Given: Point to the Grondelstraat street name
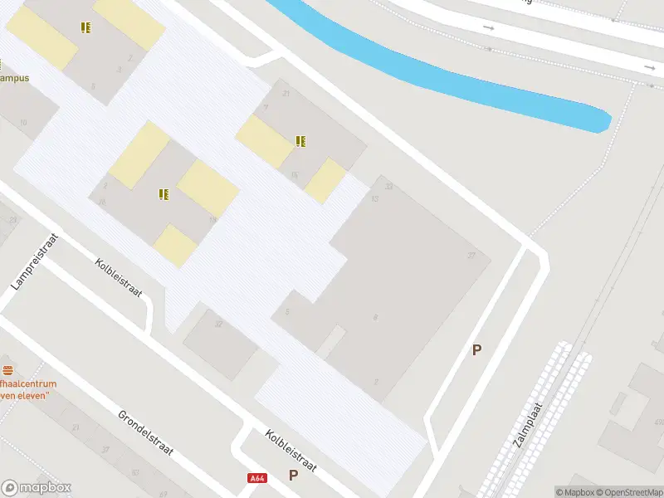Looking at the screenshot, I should [144, 432].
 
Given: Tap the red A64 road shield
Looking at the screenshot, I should [257, 478].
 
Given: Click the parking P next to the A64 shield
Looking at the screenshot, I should [293, 475].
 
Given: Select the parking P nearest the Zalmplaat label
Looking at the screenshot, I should [476, 350].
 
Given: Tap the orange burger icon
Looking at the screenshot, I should [8, 369].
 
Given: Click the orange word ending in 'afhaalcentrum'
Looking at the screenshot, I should [28, 384].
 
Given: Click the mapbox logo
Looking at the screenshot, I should [37, 488].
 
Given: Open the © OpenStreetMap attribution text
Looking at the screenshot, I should [627, 492].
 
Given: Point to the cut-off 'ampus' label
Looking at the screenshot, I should [15, 78].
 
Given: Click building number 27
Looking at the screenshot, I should [471, 255].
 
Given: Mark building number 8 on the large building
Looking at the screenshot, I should [376, 317].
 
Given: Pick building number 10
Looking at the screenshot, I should [22, 122].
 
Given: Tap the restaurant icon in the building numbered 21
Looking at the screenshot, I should [300, 141].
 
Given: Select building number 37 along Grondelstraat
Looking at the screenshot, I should [105, 449].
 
